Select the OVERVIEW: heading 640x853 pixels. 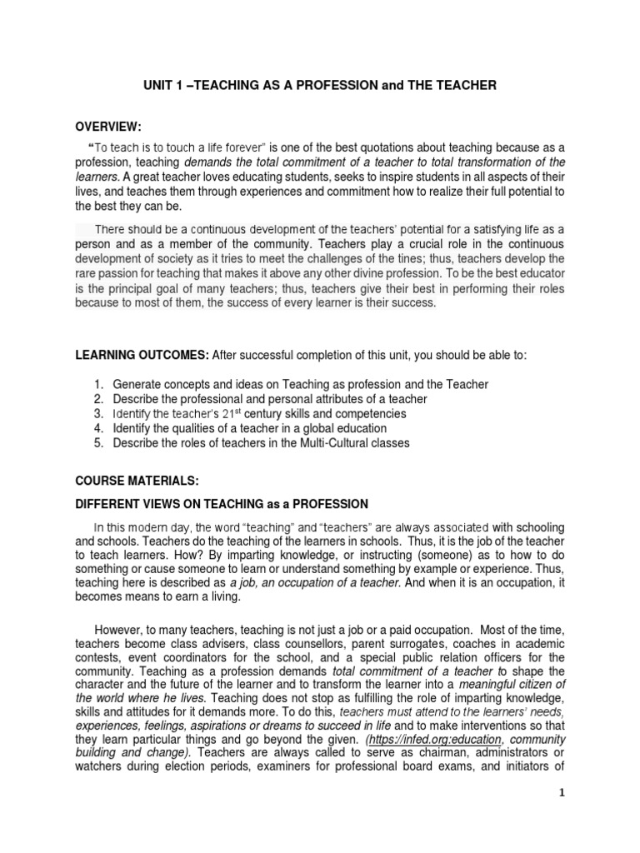108,126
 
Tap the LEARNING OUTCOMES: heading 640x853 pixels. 142,355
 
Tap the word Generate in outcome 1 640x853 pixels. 139,383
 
